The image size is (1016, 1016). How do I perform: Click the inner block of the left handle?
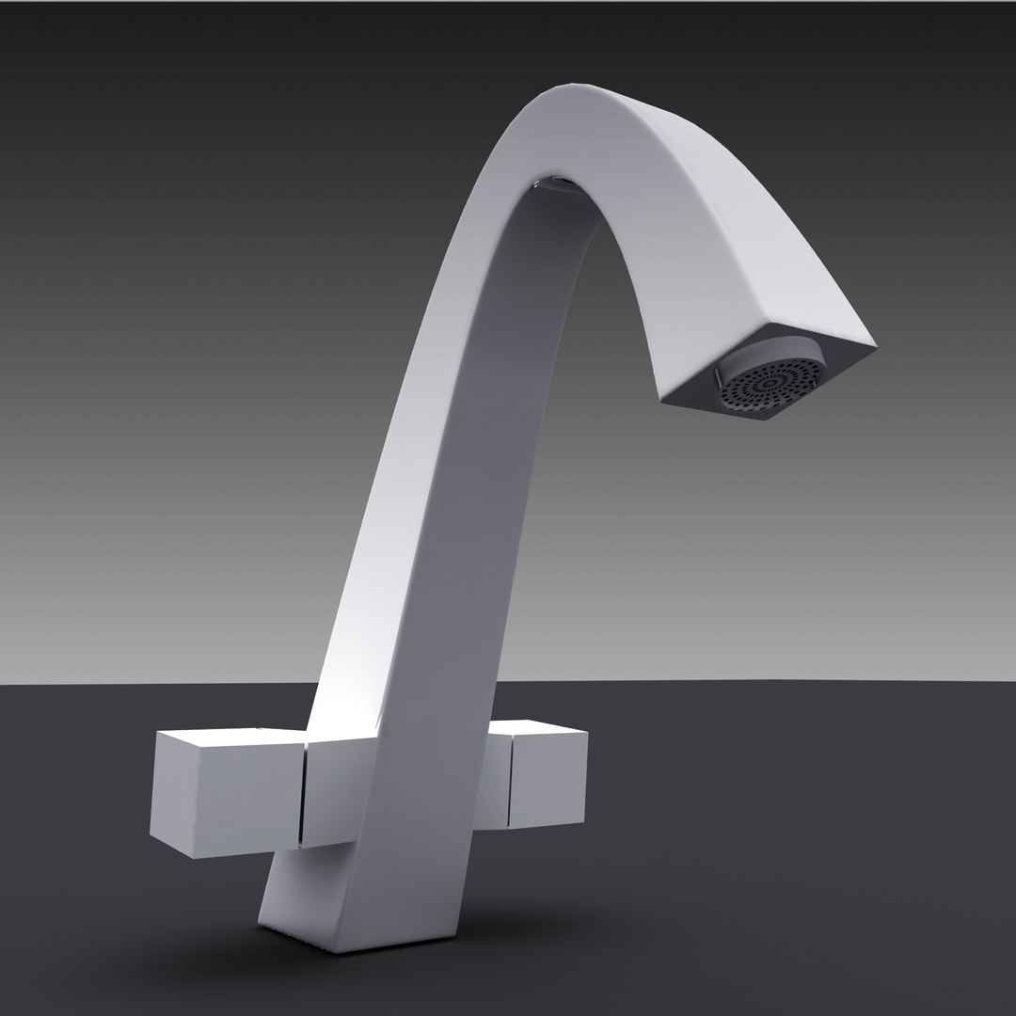coord(329,790)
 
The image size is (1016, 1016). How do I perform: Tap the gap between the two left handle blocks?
coord(303,790)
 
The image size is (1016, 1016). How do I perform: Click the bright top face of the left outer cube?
coord(230,738)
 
